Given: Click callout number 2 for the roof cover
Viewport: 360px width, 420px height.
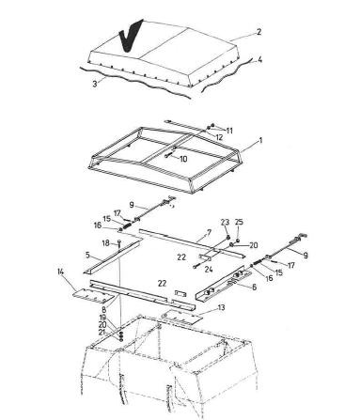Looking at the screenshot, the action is tap(258, 32).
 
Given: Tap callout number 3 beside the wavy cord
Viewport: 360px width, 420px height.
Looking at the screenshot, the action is tap(95, 84).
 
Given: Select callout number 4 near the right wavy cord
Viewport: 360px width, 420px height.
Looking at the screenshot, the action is tap(259, 59).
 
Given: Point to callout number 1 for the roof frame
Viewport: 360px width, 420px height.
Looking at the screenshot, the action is tap(260, 141).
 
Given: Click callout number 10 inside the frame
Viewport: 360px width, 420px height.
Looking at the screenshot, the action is tap(183, 159).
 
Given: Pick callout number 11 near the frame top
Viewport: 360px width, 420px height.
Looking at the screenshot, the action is tap(229, 131).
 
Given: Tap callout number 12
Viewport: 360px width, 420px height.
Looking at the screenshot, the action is tap(219, 137).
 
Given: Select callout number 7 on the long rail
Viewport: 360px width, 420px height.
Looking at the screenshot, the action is tap(209, 233).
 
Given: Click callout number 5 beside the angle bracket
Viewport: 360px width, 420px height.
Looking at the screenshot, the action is tap(87, 255).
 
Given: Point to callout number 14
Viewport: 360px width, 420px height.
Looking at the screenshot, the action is tap(60, 272).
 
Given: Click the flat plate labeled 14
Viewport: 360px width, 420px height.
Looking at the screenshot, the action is tap(93, 296).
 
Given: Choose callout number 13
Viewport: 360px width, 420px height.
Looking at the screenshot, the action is tap(221, 307).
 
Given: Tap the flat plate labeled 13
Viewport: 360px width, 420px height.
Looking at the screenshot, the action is tap(181, 317).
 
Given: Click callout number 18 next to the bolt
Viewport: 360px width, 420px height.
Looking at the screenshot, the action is tap(106, 243).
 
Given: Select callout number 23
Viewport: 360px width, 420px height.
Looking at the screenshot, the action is tap(225, 223).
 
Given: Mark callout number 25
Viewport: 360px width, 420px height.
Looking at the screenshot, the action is tap(239, 222).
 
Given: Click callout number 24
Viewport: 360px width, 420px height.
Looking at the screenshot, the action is tap(209, 269).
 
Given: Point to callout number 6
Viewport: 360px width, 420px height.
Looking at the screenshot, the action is tap(254, 287).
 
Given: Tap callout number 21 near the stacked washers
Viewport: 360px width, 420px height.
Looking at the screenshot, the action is tap(102, 333).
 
